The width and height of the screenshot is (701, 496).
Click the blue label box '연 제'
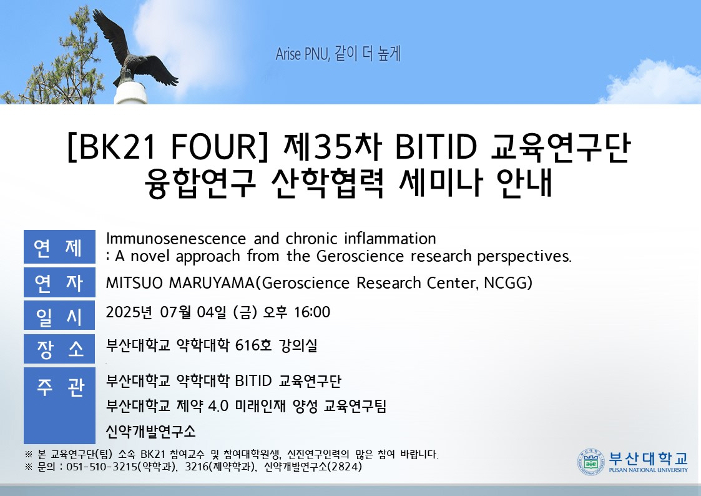point(59,247)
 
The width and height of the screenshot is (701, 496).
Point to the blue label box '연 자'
point(59,282)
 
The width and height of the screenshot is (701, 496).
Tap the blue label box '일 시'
point(59,315)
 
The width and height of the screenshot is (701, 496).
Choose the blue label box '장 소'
point(59,349)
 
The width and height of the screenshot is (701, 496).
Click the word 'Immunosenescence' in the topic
point(175,239)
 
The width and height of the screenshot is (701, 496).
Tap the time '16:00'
point(311,312)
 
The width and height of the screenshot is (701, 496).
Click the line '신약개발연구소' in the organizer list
point(150,431)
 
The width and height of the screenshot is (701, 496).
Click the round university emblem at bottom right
point(591,462)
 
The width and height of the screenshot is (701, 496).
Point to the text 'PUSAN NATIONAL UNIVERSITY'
point(648,470)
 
